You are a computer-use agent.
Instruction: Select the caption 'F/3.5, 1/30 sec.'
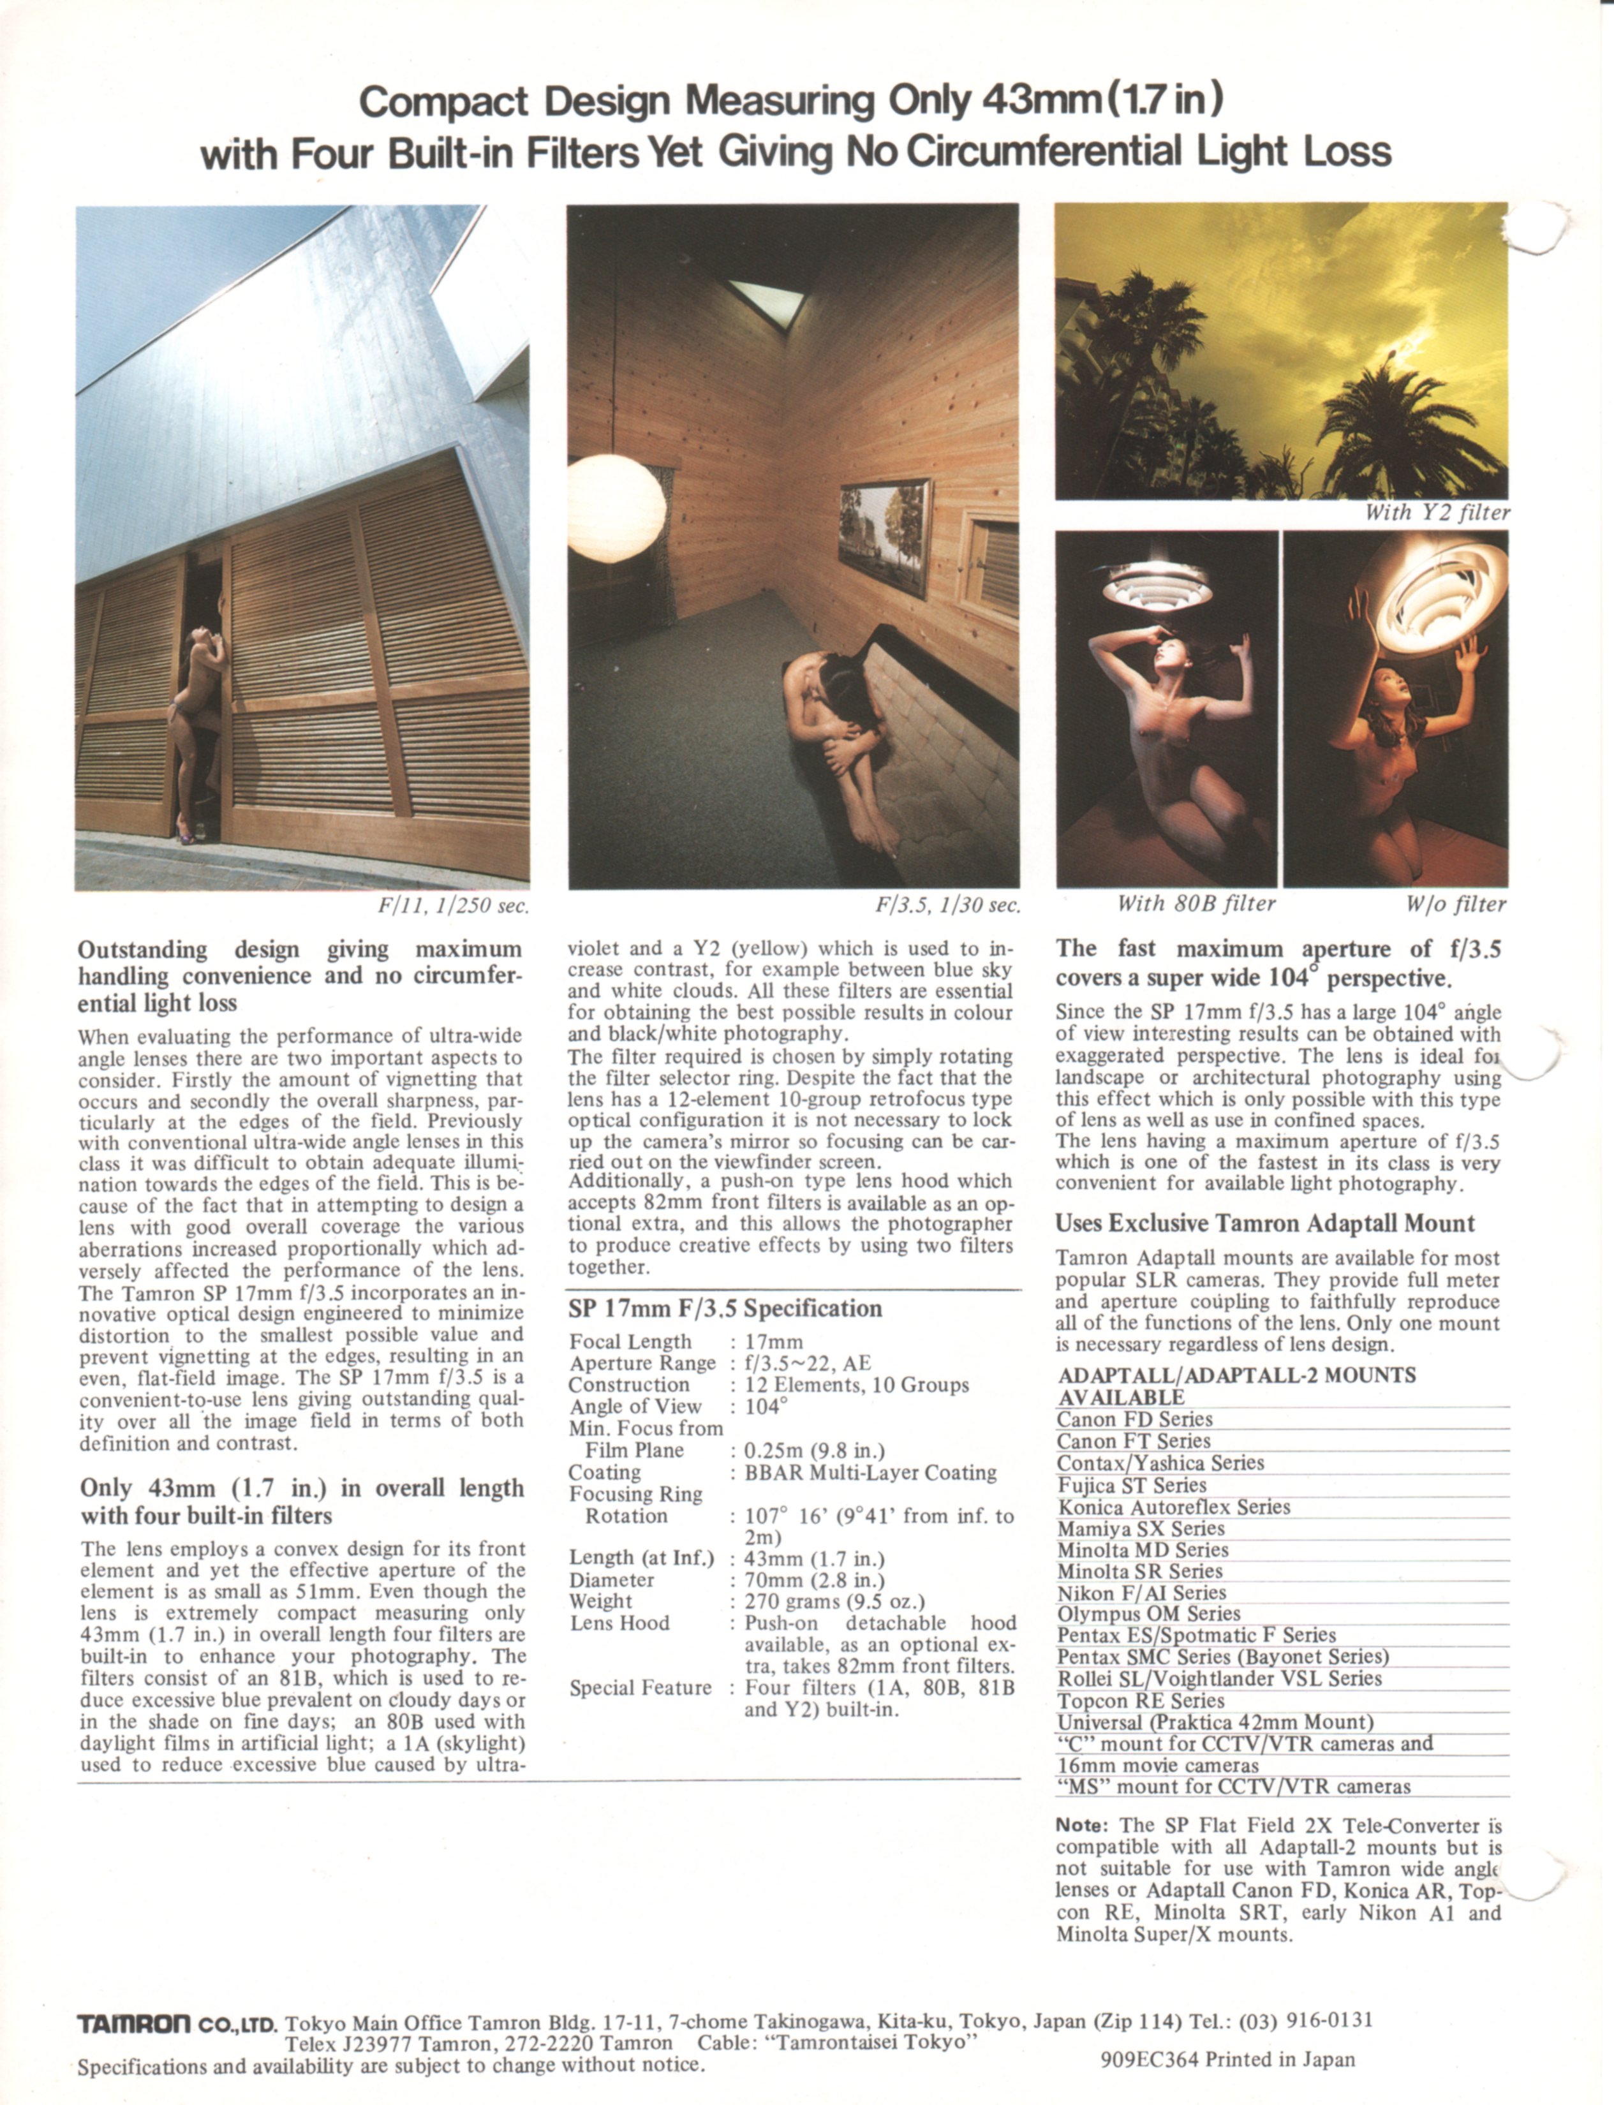947,905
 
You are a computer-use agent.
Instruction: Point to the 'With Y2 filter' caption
1436,513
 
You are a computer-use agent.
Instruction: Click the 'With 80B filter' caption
1196,904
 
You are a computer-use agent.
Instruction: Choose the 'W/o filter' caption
1456,904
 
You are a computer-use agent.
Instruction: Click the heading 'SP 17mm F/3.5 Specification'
724,1308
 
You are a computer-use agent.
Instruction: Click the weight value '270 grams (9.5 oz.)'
834,1600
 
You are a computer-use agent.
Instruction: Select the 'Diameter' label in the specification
611,1579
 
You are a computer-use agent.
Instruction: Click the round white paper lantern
615,507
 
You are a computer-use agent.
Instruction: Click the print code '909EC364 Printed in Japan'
1227,2059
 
